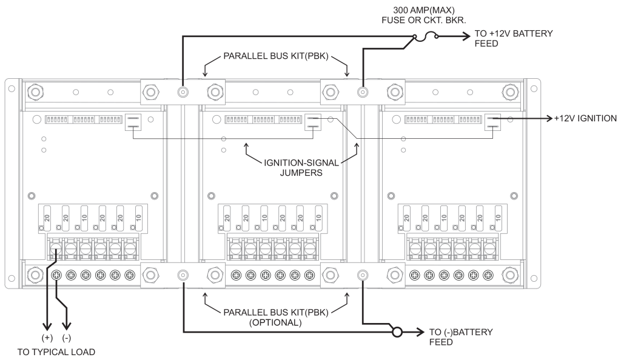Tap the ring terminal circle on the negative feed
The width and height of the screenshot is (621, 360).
point(397,333)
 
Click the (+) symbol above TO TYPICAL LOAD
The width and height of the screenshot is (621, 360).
point(46,337)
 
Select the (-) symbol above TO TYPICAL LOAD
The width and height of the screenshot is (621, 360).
point(67,337)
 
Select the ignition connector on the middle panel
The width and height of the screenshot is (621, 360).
point(313,123)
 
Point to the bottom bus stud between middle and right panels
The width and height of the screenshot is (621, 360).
point(363,275)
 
